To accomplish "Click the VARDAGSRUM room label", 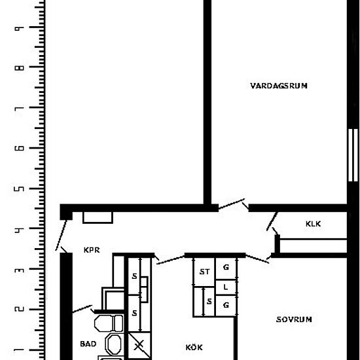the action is [x=279, y=86].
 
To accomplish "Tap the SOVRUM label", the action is [x=294, y=319].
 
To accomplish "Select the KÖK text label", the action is [x=194, y=347].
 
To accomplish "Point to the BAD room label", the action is [x=88, y=344].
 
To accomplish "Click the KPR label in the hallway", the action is [x=92, y=250].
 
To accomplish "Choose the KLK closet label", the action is [x=313, y=224].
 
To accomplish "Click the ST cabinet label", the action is [x=204, y=272].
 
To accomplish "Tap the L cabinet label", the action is [x=226, y=287].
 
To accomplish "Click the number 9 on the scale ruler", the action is [x=19, y=28].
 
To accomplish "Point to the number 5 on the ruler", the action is [x=19, y=189].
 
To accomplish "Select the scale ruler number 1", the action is [x=19, y=350].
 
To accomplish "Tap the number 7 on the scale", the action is [x=19, y=108].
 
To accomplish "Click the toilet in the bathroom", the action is [x=109, y=323].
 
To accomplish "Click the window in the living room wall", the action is [x=353, y=155].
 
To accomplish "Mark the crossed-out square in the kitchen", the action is [x=139, y=345].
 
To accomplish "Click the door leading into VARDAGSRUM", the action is [x=232, y=204].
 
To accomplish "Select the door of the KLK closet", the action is [x=272, y=221].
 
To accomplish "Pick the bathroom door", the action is [x=82, y=309].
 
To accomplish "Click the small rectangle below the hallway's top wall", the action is [x=98, y=217].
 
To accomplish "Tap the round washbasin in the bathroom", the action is [x=114, y=344].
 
